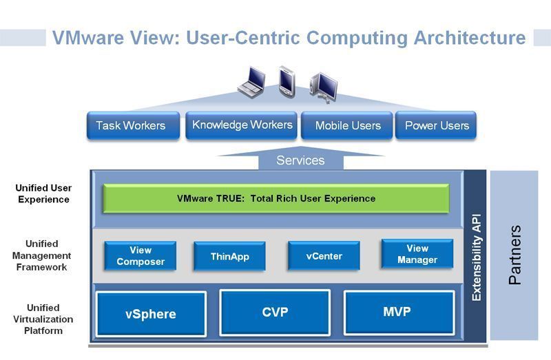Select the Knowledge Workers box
[x=241, y=125]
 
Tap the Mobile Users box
[x=347, y=125]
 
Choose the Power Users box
[x=436, y=125]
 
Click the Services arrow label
[x=300, y=160]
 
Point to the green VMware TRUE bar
[x=276, y=198]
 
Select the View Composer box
[x=141, y=255]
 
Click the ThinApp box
[x=229, y=256]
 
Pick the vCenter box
[x=324, y=256]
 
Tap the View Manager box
[x=417, y=254]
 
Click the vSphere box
[x=151, y=314]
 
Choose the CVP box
[x=275, y=313]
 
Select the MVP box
[x=399, y=312]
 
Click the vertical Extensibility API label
[x=476, y=257]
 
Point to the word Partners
[x=514, y=255]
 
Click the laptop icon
[x=251, y=83]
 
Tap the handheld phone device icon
[x=287, y=81]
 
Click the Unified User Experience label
[x=43, y=193]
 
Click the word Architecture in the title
[x=470, y=38]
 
